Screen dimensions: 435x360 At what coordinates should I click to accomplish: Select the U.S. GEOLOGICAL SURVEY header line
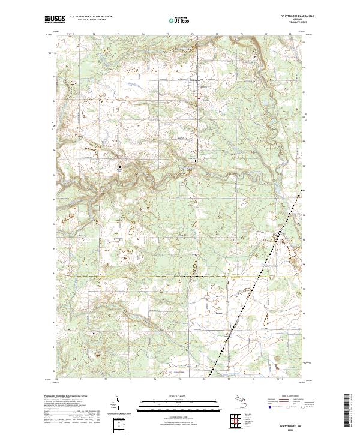click(x=88, y=20)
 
